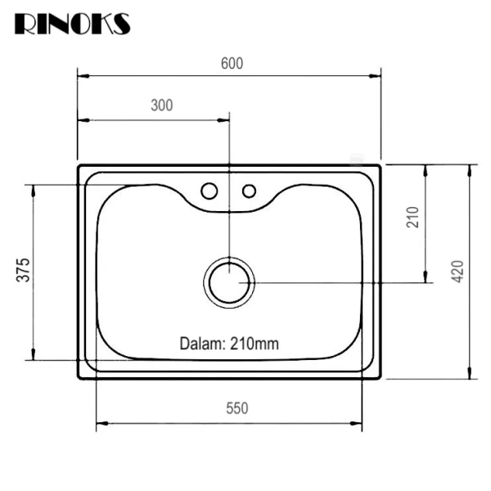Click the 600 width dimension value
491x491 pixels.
pos(231,63)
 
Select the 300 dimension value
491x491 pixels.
pos(162,105)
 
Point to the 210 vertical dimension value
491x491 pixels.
pos(412,216)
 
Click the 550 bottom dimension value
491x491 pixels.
pos(236,408)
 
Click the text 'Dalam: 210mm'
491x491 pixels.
pos(229,344)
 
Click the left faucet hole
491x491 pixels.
pos(209,191)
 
